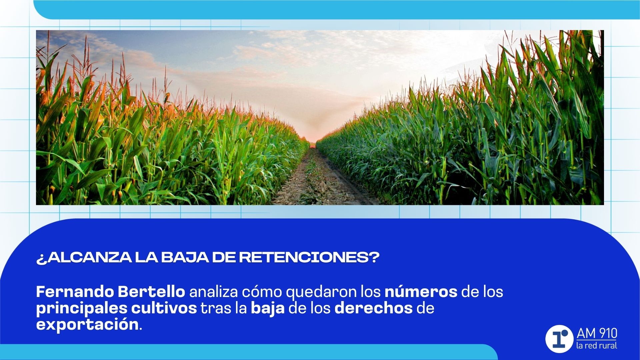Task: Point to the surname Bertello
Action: [151, 292]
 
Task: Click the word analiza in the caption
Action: [214, 292]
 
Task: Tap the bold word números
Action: [421, 292]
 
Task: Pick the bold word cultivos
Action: [164, 308]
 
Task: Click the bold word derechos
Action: [373, 308]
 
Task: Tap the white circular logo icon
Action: [559, 339]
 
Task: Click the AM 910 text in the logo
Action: [597, 334]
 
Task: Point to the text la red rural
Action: [597, 346]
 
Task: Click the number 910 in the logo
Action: [606, 334]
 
